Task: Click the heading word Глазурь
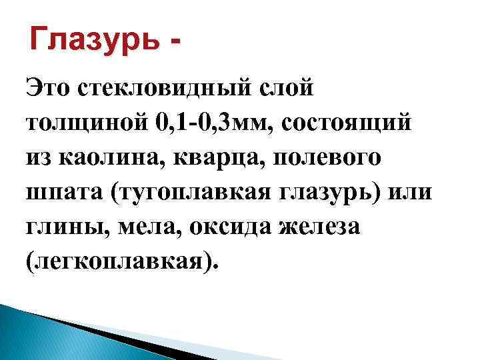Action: tap(95, 41)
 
